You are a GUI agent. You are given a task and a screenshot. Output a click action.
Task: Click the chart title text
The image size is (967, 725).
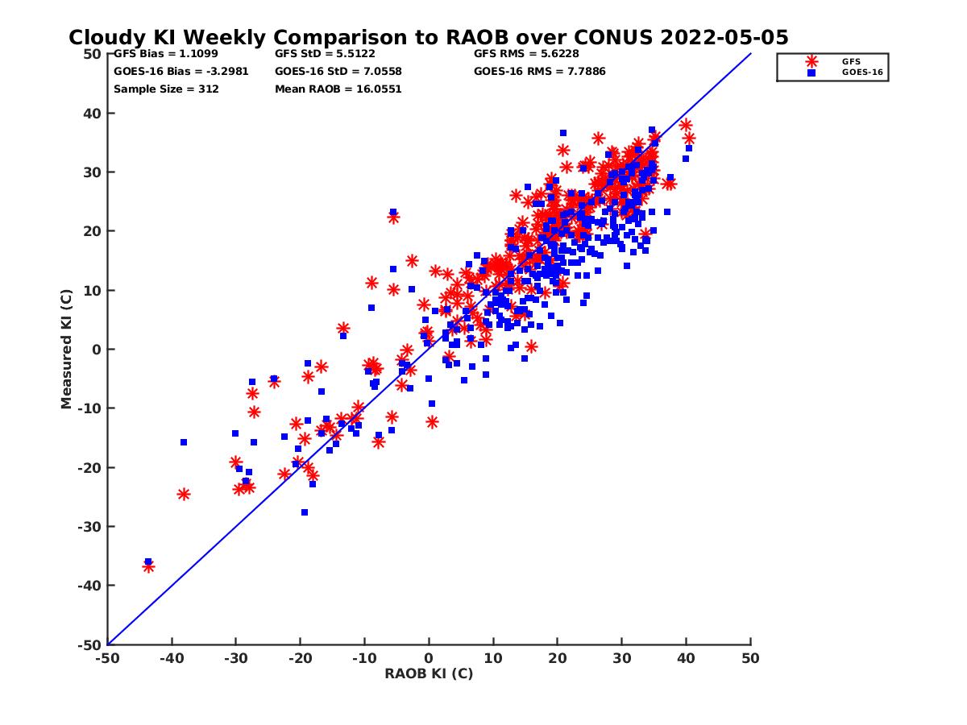pyautogui.click(x=429, y=37)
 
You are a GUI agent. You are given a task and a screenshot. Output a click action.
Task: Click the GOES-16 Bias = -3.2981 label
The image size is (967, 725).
pyautogui.click(x=181, y=71)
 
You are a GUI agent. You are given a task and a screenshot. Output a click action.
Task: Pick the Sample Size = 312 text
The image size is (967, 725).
pyautogui.click(x=166, y=89)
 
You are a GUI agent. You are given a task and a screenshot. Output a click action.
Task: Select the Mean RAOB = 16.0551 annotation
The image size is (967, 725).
pyautogui.click(x=338, y=89)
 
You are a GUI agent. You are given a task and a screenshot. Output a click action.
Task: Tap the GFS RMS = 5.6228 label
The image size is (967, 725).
pyautogui.click(x=526, y=54)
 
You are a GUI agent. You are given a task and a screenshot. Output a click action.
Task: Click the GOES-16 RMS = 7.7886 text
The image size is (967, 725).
pyautogui.click(x=540, y=71)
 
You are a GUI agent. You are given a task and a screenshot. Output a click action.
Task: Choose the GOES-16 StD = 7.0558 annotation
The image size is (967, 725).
pyautogui.click(x=338, y=71)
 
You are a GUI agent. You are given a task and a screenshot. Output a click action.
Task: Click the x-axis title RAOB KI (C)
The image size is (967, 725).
pyautogui.click(x=429, y=673)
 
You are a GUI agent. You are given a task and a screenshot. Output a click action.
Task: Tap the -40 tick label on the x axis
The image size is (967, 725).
pyautogui.click(x=171, y=658)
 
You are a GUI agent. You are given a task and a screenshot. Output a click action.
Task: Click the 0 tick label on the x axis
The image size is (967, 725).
pyautogui.click(x=429, y=658)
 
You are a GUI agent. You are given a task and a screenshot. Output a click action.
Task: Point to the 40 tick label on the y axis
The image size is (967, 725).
pyautogui.click(x=91, y=114)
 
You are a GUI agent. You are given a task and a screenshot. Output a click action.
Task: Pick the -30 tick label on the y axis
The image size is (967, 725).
pyautogui.click(x=89, y=527)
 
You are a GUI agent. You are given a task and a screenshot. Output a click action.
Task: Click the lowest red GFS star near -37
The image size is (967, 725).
pyautogui.click(x=148, y=567)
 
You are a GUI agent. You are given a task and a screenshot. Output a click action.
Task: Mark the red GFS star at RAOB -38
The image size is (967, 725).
pyautogui.click(x=184, y=494)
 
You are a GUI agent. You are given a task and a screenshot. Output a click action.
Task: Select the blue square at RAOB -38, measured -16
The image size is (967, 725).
pyautogui.click(x=184, y=442)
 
